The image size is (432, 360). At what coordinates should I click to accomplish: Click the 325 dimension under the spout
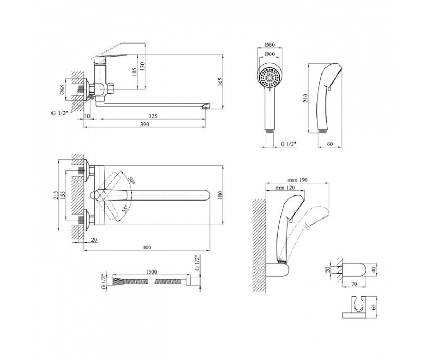[x=153, y=116]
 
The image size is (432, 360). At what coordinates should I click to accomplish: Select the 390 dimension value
[x=145, y=124]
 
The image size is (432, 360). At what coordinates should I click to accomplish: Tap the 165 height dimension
[x=220, y=82]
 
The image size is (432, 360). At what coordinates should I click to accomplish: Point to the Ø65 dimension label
[x=63, y=90]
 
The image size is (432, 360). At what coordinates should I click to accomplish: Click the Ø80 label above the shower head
[x=270, y=45]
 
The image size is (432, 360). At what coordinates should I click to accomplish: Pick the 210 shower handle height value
[x=306, y=98]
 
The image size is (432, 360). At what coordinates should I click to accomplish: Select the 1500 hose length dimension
[x=152, y=272]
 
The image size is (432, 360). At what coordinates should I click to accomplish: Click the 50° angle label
[x=131, y=180]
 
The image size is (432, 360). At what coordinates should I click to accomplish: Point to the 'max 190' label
[x=297, y=180]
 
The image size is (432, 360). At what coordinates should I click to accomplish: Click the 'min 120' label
[x=285, y=188]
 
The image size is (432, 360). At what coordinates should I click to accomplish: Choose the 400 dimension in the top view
[x=147, y=247]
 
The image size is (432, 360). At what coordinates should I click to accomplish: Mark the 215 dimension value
[x=56, y=195]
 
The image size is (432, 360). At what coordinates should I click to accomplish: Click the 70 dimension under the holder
[x=354, y=284]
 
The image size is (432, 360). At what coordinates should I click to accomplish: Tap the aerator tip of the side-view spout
[x=206, y=106]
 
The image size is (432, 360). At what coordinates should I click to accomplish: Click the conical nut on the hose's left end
[x=118, y=282]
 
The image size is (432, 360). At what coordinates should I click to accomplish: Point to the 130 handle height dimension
[x=143, y=66]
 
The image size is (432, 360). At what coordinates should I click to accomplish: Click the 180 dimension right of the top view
[x=220, y=195]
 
